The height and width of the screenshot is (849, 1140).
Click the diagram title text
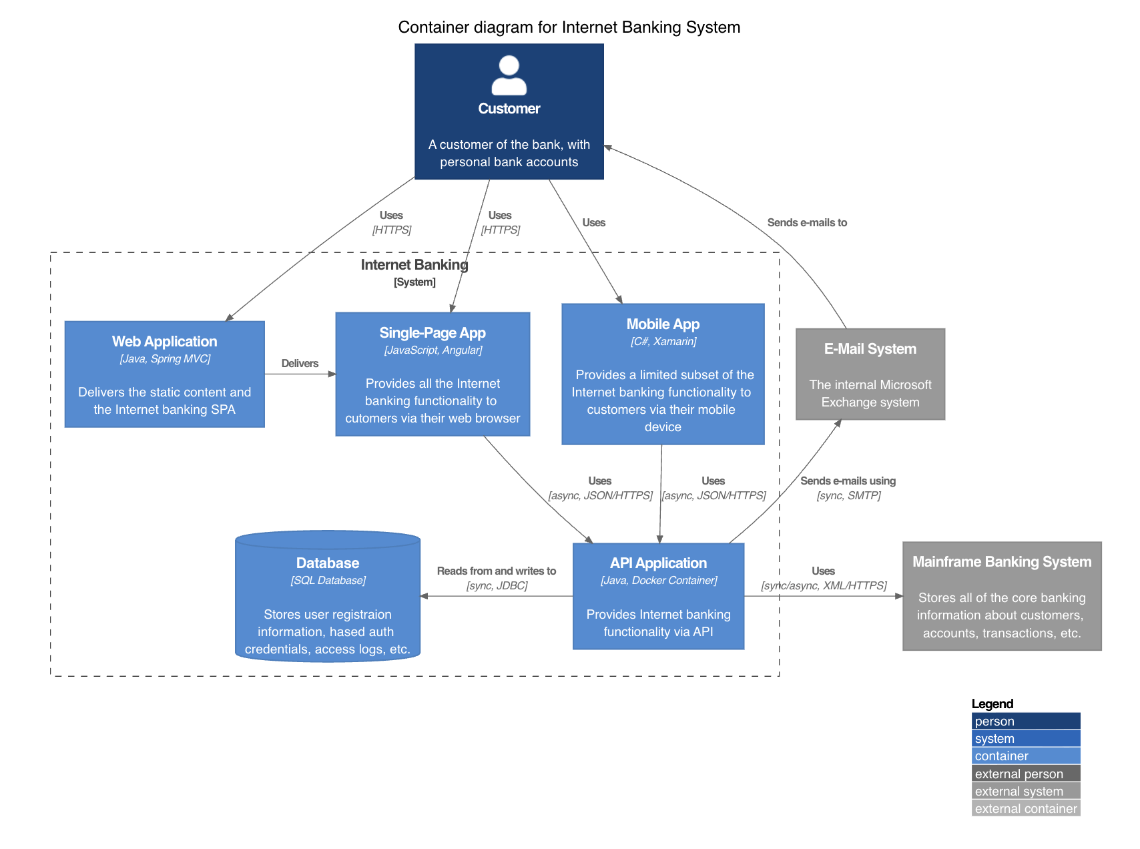[569, 27]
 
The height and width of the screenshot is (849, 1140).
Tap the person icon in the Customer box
[509, 75]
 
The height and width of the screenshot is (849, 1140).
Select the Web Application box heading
[164, 342]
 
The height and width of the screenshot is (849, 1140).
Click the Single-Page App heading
[433, 333]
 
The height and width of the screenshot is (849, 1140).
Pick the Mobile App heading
[663, 324]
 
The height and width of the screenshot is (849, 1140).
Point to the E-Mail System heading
[870, 349]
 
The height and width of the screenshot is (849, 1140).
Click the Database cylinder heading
[328, 563]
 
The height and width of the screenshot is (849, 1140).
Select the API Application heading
[658, 563]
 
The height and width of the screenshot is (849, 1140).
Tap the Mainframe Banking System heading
[1002, 562]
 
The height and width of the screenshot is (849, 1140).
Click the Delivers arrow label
[300, 364]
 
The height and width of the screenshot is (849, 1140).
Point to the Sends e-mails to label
[807, 223]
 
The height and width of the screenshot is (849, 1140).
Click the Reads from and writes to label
[496, 571]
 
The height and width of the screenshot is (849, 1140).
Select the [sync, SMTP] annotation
[848, 496]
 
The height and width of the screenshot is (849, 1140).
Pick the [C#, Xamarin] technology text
[663, 342]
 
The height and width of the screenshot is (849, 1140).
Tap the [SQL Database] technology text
[328, 581]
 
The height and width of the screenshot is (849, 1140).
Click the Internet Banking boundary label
[414, 266]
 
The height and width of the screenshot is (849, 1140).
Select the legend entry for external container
[1025, 809]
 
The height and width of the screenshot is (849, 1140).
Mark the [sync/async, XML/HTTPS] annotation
[824, 586]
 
